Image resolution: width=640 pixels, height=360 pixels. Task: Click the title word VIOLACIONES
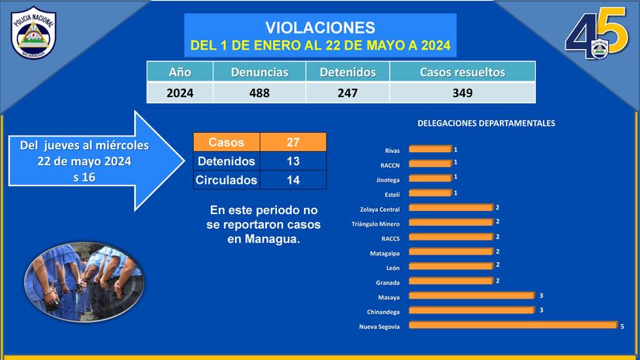pos(320,29)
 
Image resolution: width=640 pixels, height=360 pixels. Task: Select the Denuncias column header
pos(260,72)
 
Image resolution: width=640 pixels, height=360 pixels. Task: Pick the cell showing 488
pos(260,93)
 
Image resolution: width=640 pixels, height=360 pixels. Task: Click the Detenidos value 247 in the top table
pos(348,93)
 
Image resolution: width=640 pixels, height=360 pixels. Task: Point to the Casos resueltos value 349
pos(462,93)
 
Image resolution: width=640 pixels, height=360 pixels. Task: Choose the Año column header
pos(180,72)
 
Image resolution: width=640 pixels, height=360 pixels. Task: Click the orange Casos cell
pos(227,142)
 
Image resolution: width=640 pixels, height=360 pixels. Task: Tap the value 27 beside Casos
pos(293,142)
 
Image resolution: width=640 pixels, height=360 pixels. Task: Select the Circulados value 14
pos(293,180)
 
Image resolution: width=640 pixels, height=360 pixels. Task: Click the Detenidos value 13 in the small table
pos(293,161)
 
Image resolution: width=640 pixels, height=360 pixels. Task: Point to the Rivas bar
pos(429,149)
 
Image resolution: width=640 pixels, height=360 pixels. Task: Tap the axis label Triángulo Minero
pos(375,223)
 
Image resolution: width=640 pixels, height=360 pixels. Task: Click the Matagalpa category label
pos(385,253)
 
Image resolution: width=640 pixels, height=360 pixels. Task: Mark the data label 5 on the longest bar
pos(622,326)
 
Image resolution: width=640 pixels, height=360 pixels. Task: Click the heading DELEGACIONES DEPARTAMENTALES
pos(486,123)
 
